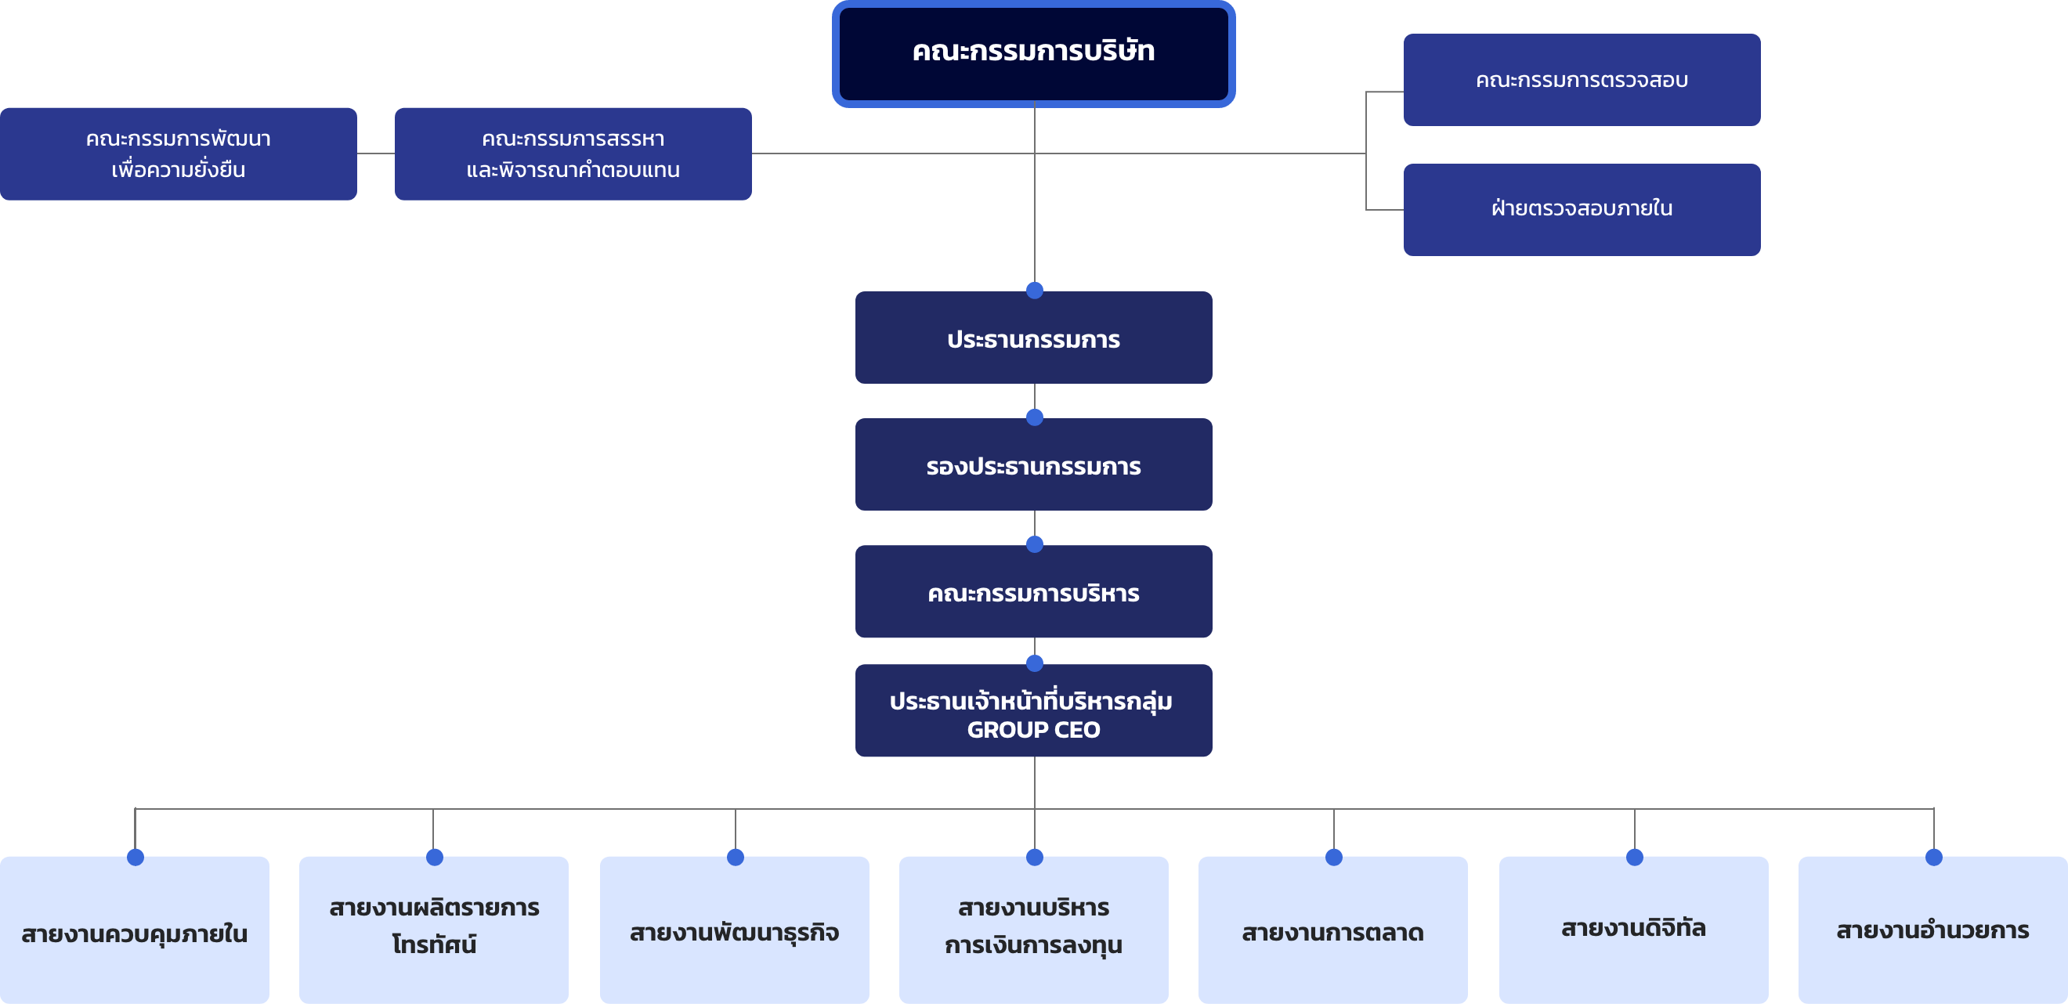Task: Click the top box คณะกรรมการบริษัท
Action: click(1033, 54)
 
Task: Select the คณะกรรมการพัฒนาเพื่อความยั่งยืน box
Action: click(179, 154)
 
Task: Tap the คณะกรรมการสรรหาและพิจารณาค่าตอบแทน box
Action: click(573, 154)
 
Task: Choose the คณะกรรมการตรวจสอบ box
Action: click(1582, 79)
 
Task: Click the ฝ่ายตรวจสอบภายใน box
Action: click(1582, 209)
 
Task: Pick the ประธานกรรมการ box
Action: click(1033, 338)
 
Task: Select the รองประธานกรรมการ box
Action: click(1033, 464)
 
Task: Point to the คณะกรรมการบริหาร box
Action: click(1033, 591)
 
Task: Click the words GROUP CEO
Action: click(1033, 730)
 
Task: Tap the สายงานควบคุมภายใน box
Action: click(134, 930)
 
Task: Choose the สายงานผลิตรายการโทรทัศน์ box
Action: click(433, 930)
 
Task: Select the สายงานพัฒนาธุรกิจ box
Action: click(735, 930)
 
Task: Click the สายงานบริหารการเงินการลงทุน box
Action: click(1033, 930)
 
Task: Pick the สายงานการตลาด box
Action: click(1332, 930)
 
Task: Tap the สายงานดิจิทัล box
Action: click(1634, 930)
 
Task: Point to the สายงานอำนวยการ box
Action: click(1933, 930)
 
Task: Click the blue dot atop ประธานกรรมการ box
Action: click(1035, 291)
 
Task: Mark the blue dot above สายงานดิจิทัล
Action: click(1635, 857)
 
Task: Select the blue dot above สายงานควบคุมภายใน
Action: click(136, 857)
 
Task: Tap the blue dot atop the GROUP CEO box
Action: click(1035, 663)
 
